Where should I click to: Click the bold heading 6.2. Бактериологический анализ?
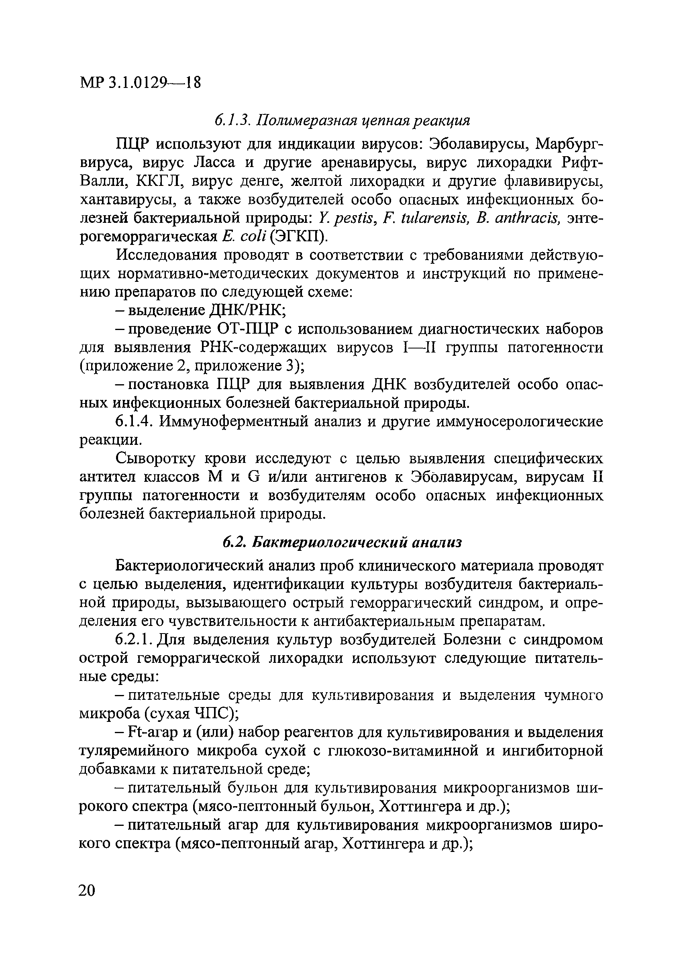[342, 542]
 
